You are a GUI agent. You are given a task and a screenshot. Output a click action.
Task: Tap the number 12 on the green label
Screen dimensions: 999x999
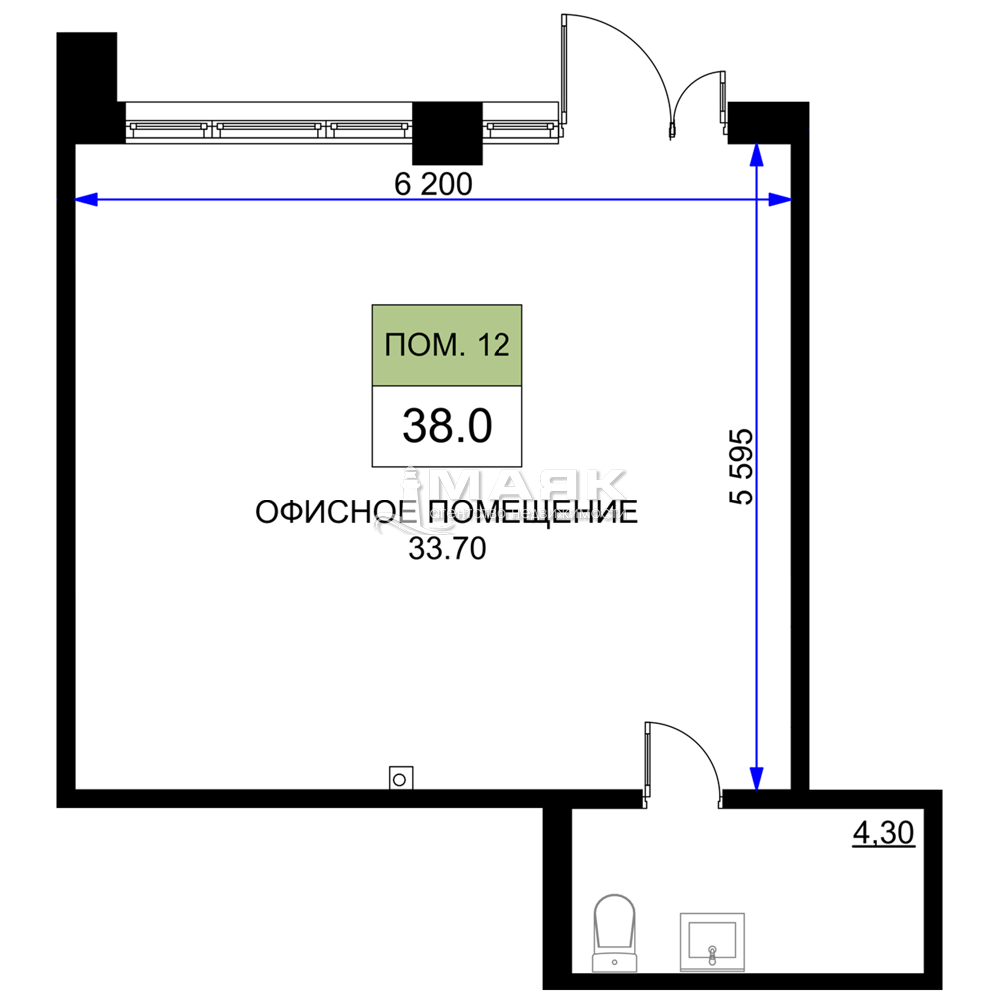tap(494, 346)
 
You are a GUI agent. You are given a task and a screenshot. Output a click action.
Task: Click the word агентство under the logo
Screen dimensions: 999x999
tap(469, 514)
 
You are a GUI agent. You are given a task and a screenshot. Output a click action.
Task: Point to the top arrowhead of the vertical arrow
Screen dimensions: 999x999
tap(757, 154)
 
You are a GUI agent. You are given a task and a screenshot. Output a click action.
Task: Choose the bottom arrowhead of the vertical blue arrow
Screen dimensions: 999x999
tap(757, 778)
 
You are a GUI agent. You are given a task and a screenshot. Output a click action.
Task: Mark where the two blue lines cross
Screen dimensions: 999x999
tap(757, 200)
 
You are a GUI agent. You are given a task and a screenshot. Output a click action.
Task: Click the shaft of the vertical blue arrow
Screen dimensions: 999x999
tap(757, 480)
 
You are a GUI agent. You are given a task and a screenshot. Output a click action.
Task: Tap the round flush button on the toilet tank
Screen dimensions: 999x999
tap(614, 964)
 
